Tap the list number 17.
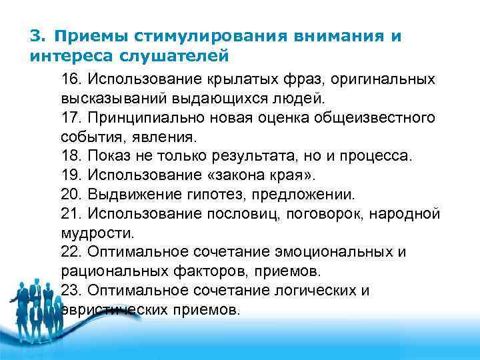pos(70,118)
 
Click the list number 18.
pos(70,157)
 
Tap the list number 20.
pos(70,195)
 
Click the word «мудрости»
pos(97,233)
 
